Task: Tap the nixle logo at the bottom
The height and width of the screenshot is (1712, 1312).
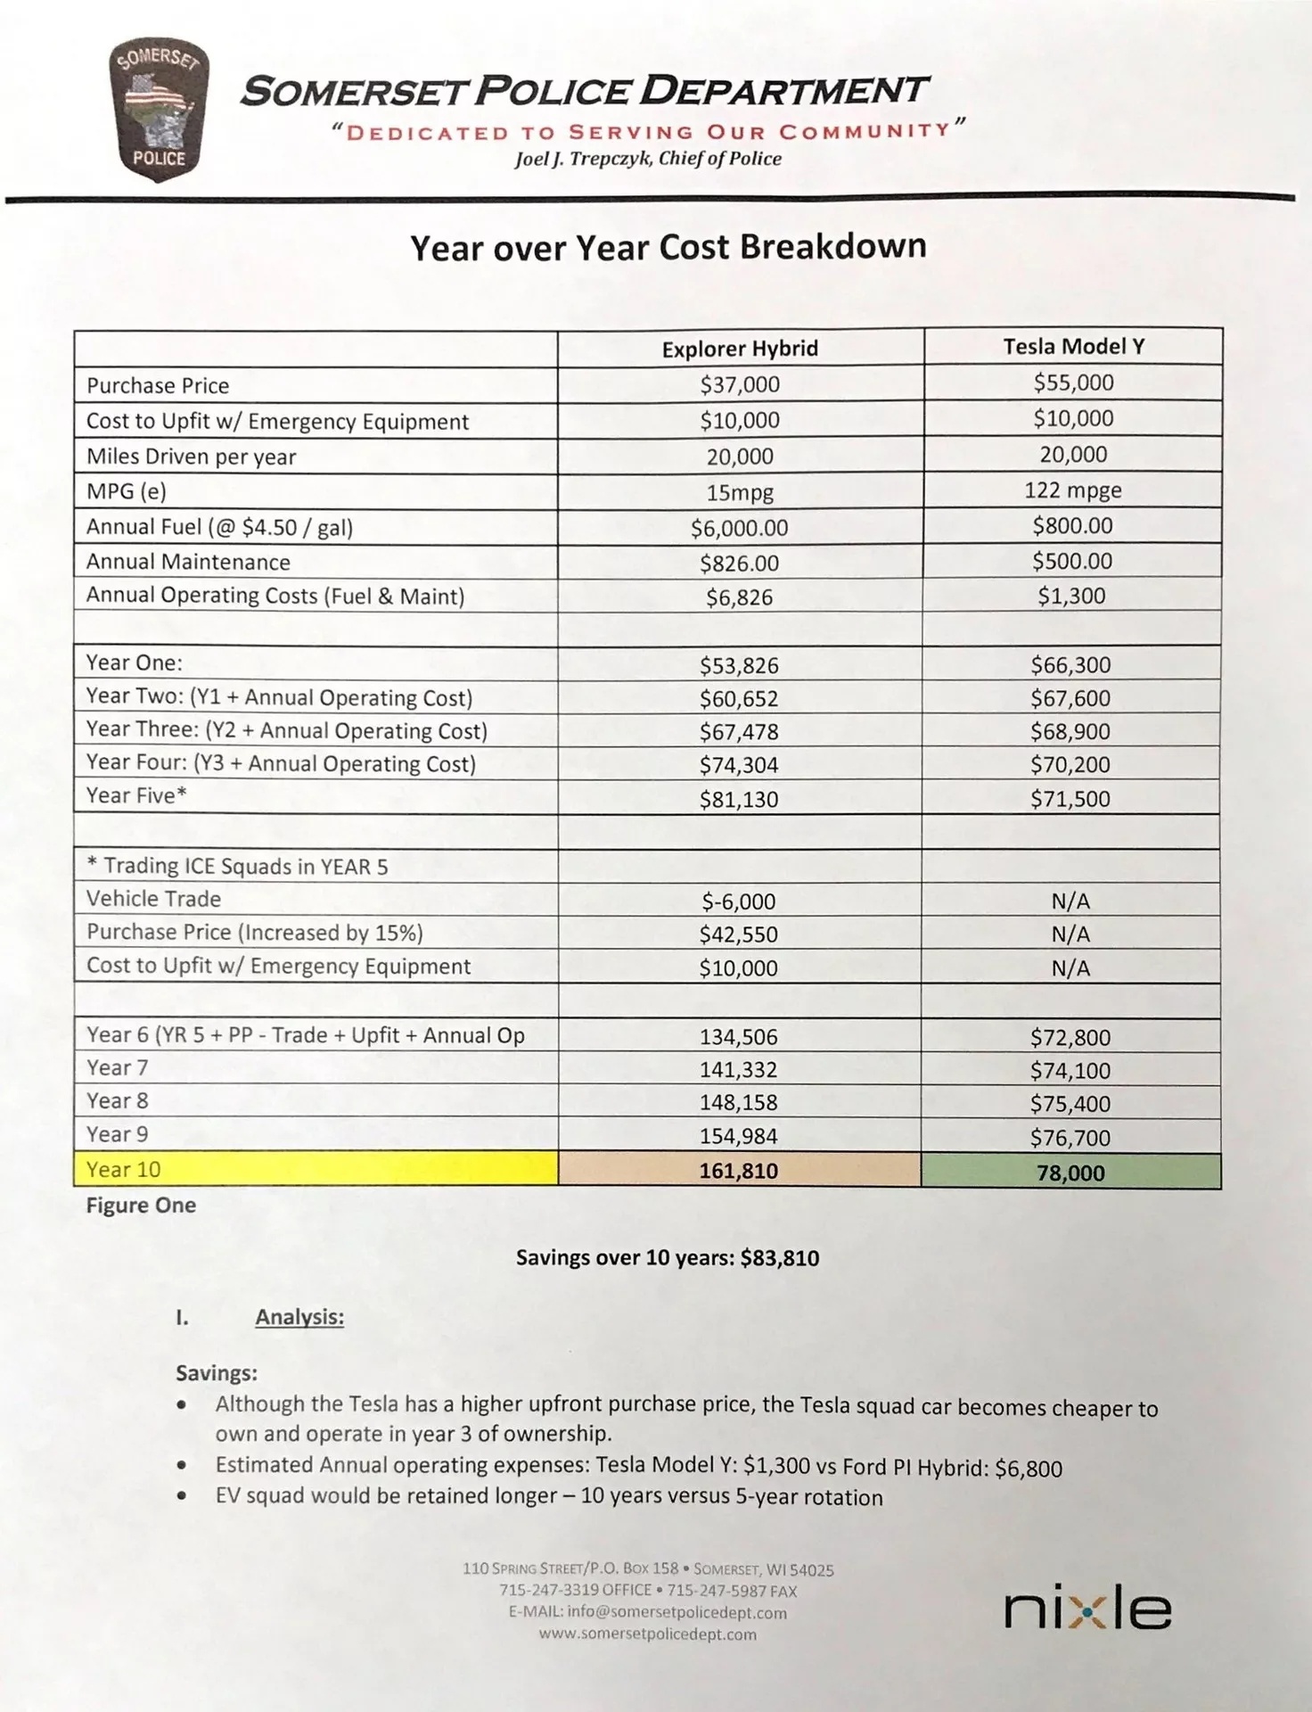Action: click(x=1087, y=1610)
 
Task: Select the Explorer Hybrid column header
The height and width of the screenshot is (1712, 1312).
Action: click(x=740, y=349)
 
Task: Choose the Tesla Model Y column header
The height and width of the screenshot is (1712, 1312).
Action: click(x=1073, y=346)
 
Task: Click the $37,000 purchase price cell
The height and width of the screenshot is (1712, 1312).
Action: click(x=740, y=385)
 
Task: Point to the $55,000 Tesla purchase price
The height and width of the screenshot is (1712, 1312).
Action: click(x=1073, y=383)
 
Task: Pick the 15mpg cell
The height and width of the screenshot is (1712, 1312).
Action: click(x=740, y=492)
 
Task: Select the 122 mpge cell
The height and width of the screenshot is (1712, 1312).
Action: click(x=1073, y=490)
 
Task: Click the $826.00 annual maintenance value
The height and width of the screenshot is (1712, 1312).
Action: click(x=740, y=564)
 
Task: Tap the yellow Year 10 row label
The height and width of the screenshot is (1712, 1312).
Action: click(x=124, y=1169)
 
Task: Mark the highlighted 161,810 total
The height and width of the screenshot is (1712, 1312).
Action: click(x=739, y=1171)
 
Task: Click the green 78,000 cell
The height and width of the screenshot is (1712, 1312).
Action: click(x=1070, y=1173)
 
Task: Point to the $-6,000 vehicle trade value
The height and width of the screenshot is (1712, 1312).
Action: click(x=739, y=901)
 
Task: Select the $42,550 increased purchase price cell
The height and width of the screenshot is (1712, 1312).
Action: click(x=739, y=934)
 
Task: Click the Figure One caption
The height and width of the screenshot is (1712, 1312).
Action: click(x=141, y=1206)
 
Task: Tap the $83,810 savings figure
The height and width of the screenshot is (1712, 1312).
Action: click(x=780, y=1258)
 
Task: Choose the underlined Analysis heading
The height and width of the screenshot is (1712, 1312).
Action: click(x=299, y=1317)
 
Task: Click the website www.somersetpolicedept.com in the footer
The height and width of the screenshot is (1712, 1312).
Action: click(x=648, y=1634)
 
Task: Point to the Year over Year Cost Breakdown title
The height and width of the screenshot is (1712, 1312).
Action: click(x=668, y=247)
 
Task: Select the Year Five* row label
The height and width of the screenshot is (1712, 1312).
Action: click(x=136, y=795)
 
